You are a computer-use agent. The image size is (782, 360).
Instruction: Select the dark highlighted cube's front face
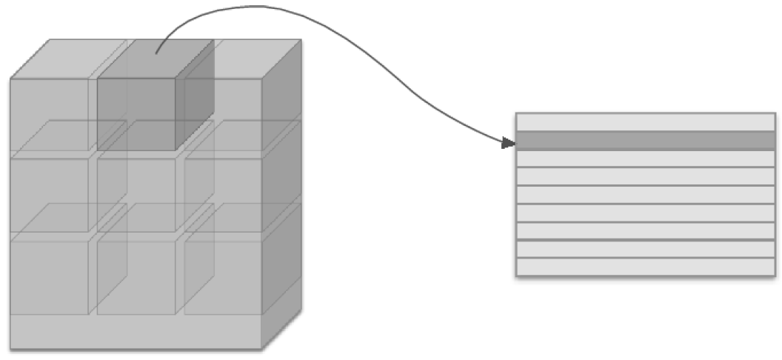(136, 113)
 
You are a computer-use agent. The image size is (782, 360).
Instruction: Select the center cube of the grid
(136, 194)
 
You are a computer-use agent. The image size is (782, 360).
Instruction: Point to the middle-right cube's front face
(223, 194)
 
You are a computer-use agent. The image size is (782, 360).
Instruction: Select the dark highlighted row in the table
(645, 141)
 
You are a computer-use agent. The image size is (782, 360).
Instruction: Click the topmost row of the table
(645, 122)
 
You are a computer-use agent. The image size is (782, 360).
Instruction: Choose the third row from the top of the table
(645, 159)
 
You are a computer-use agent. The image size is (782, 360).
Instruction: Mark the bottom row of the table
(645, 267)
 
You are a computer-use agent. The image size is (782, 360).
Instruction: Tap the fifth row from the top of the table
(645, 195)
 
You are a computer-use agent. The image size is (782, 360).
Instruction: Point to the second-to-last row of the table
(645, 249)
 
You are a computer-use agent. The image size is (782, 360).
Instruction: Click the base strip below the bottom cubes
(136, 330)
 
